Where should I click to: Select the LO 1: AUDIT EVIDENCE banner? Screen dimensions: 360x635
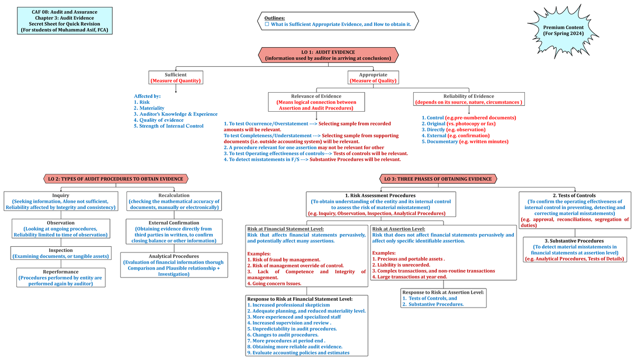point(328,55)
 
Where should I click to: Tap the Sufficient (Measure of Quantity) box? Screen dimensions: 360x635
point(175,78)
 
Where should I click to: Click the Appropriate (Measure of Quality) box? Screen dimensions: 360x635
point(373,78)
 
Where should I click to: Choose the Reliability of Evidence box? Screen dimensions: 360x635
point(468,99)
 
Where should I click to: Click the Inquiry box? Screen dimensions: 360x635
point(60,201)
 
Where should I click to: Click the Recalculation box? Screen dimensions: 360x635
point(174,201)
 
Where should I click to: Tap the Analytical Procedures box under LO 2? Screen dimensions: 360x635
point(174,265)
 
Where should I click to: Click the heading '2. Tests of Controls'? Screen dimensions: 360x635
point(574,196)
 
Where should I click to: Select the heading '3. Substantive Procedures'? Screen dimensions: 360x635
point(574,241)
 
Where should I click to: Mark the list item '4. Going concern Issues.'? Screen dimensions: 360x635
point(274,284)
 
